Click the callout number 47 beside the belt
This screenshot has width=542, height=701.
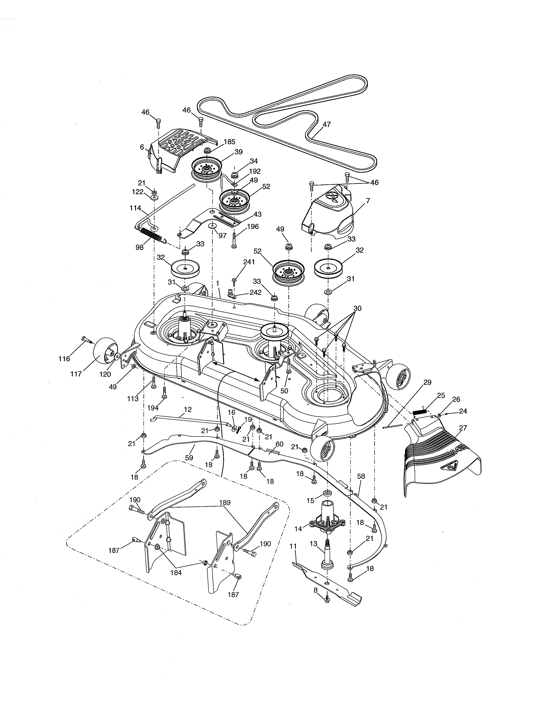(326, 124)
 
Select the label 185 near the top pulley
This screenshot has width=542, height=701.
(229, 141)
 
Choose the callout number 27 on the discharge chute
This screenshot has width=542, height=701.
(463, 428)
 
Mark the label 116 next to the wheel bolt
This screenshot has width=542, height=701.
(64, 359)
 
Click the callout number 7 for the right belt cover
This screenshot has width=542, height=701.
(368, 201)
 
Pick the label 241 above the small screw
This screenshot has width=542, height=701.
(249, 262)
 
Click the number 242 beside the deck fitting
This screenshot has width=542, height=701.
(255, 293)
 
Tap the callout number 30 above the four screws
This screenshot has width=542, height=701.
(357, 308)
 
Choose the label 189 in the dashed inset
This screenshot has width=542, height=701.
(225, 503)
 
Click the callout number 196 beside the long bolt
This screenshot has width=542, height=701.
(253, 227)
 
